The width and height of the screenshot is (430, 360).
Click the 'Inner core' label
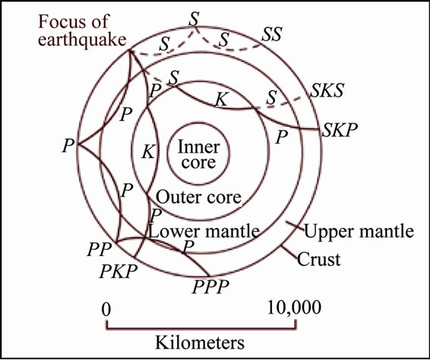click(198, 155)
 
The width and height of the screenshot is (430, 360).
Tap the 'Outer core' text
click(198, 197)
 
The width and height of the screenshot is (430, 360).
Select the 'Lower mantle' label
click(204, 232)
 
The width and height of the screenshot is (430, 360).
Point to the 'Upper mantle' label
click(359, 232)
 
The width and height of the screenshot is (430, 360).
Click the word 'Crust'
click(318, 259)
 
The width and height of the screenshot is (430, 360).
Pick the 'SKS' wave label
click(327, 90)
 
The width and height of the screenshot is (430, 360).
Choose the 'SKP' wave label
click(340, 130)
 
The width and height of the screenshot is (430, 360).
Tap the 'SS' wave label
click(272, 34)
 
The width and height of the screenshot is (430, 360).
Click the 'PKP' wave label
click(119, 271)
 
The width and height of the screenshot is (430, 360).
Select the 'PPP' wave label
click(210, 287)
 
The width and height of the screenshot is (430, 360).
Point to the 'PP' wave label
click(100, 249)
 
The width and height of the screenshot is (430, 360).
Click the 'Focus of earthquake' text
click(82, 30)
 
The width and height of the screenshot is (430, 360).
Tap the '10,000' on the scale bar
click(294, 308)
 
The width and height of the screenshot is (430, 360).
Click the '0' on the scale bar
click(106, 310)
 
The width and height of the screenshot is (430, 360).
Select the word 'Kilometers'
click(200, 343)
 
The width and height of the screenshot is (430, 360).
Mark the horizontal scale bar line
click(201, 328)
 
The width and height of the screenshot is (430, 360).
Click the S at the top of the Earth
click(194, 19)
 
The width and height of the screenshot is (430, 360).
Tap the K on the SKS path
click(221, 99)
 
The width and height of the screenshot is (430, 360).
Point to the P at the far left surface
click(68, 145)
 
